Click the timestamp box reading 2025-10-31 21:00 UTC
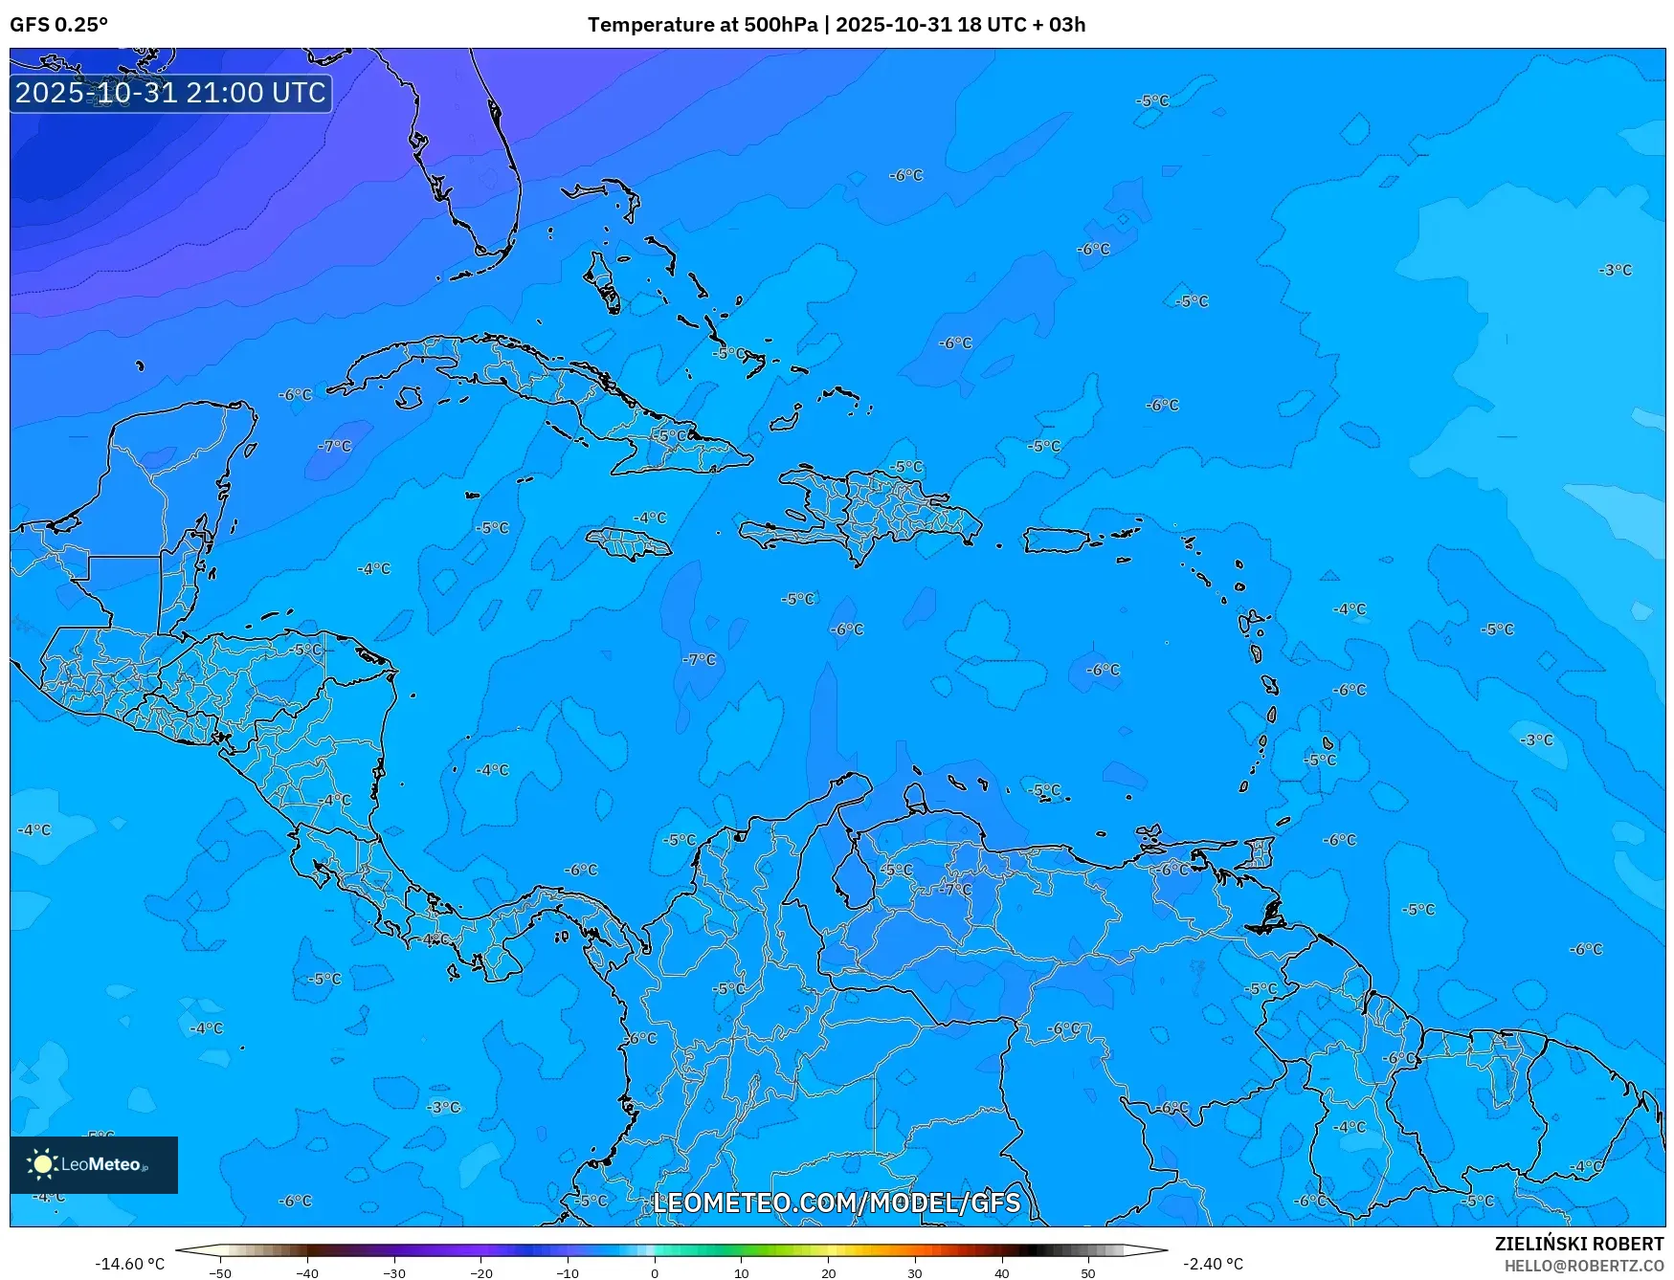(170, 93)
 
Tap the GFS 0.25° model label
(58, 25)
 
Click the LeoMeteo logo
(93, 1164)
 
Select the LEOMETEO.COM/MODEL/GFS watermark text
(837, 1203)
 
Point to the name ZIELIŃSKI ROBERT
(1578, 1244)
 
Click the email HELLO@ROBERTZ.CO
(1583, 1266)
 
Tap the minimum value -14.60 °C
(129, 1264)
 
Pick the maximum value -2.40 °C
(1213, 1264)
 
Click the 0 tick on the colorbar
(655, 1273)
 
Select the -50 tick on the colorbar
(220, 1273)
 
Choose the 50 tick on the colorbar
(1088, 1273)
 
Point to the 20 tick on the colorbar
(828, 1273)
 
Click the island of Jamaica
(629, 544)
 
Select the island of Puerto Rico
(1057, 541)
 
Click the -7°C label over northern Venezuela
(954, 889)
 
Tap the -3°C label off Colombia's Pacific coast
(443, 1107)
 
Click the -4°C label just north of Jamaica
(650, 518)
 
